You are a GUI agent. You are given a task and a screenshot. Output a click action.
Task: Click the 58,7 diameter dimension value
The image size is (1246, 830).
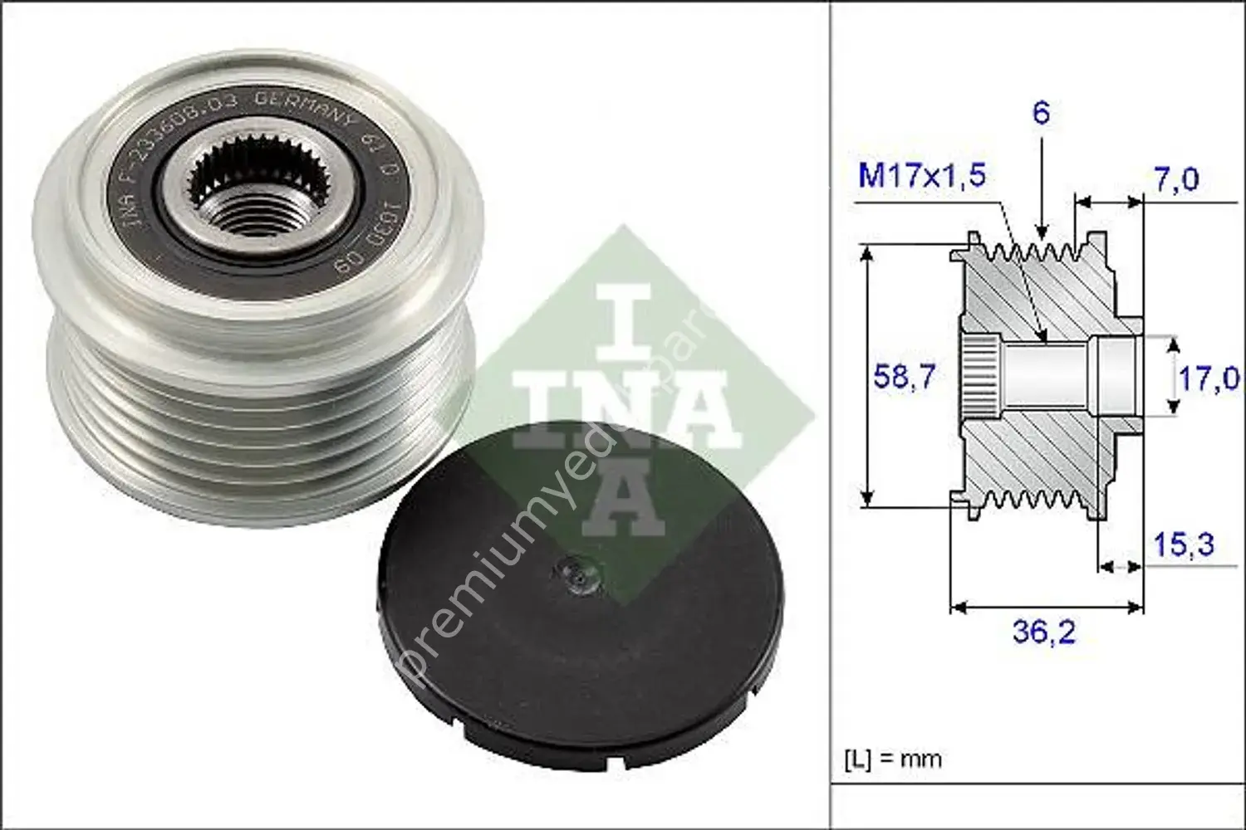(904, 377)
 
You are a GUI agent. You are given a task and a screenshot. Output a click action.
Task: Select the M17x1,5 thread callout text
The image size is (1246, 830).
(921, 175)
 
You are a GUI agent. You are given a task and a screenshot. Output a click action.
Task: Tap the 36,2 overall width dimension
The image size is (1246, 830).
(1043, 632)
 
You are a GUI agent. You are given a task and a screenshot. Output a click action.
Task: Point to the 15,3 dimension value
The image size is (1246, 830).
(1183, 544)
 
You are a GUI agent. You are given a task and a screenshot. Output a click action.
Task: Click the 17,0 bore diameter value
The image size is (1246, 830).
(1209, 378)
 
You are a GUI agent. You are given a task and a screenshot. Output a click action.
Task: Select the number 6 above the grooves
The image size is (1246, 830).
(1041, 112)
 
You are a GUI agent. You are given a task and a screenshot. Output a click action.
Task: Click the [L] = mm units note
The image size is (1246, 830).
(893, 759)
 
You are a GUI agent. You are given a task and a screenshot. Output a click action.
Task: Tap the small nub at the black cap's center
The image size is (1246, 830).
(574, 571)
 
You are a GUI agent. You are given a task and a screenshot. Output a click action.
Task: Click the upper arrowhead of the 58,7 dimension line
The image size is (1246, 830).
(867, 254)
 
